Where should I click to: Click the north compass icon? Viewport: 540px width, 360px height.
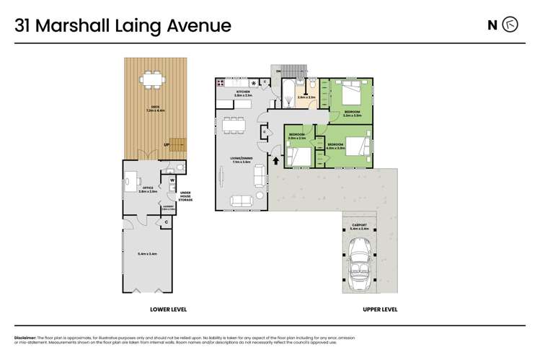tap(510, 25)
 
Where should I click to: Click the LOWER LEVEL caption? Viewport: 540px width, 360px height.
tap(168, 309)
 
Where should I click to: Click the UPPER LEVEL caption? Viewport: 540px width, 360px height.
tap(379, 309)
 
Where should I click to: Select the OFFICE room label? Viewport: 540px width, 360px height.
tap(147, 189)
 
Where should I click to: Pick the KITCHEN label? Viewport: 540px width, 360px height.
tap(243, 92)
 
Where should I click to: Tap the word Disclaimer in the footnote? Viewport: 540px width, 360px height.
tap(26, 337)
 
